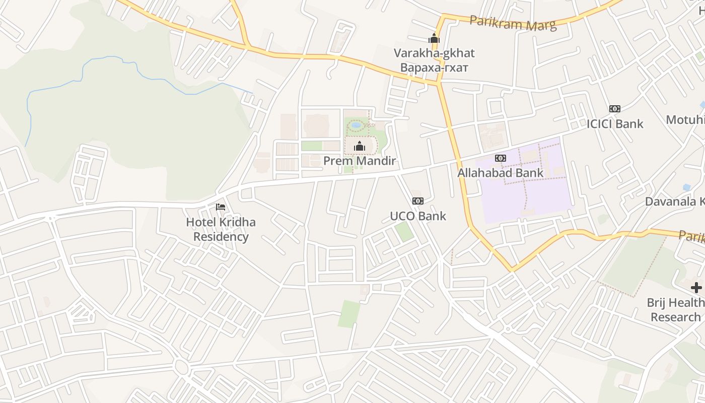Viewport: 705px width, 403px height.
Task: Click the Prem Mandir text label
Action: tap(360, 161)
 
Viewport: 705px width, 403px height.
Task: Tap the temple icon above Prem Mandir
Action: tap(360, 147)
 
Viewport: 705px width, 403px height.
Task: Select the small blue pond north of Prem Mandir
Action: tap(357, 124)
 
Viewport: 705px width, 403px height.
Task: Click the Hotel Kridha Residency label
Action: tap(221, 229)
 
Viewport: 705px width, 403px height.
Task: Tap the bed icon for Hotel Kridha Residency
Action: tap(221, 207)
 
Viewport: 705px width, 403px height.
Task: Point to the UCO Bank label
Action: tap(418, 216)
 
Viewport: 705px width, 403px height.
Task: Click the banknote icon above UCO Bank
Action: tap(418, 201)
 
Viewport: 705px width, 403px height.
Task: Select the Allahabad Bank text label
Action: tap(500, 173)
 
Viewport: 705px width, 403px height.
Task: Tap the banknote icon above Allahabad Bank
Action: tap(500, 158)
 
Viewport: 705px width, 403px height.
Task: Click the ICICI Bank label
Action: tap(615, 124)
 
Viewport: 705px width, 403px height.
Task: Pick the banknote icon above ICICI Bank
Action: tap(615, 109)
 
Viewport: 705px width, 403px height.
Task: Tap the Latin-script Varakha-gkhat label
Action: tap(434, 53)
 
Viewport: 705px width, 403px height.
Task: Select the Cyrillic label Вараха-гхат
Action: tap(434, 67)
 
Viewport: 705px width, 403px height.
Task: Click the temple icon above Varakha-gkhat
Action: tap(434, 38)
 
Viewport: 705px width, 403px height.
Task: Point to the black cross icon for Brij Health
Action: tap(696, 288)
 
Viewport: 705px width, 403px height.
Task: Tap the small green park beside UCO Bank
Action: tap(404, 231)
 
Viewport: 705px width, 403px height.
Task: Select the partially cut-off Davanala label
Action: tap(675, 201)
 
